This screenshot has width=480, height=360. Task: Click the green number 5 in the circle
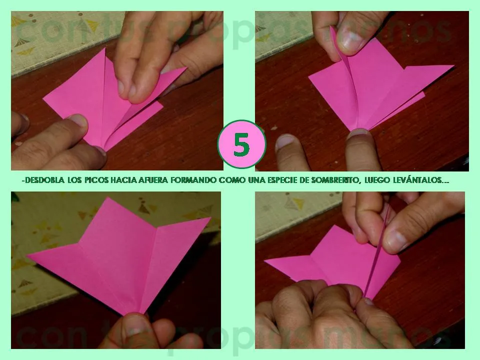pyautogui.click(x=241, y=144)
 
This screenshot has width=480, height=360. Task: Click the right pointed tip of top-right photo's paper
pyautogui.click(x=452, y=66)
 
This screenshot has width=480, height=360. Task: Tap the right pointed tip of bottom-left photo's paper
pyautogui.click(x=210, y=218)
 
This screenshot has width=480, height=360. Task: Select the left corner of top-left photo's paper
pyautogui.click(x=44, y=98)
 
